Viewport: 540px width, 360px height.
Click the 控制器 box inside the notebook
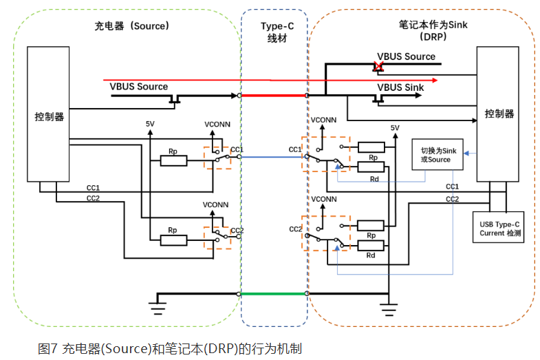499,114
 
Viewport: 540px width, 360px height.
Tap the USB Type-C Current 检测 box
501,228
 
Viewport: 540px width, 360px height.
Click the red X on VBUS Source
377,66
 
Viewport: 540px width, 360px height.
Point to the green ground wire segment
273,293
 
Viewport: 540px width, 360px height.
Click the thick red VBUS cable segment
273,96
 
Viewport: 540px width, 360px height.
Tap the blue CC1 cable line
273,157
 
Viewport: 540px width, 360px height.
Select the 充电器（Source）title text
131,25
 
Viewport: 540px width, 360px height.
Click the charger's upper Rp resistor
173,161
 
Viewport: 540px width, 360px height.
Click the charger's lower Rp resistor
173,240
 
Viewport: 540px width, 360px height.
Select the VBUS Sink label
400,87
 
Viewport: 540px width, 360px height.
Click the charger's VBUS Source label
138,86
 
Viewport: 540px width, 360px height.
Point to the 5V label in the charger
150,124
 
